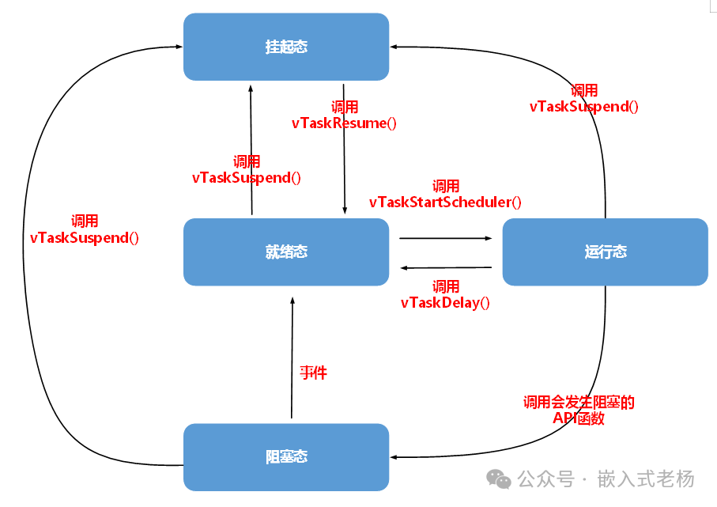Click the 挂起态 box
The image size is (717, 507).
[x=286, y=47]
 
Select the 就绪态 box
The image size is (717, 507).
[x=286, y=252]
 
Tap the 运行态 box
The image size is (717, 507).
[x=605, y=252]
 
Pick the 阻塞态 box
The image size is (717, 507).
[x=286, y=457]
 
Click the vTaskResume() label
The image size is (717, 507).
[x=344, y=123]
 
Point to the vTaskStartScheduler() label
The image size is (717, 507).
[x=445, y=202]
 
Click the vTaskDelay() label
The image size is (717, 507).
[x=445, y=302]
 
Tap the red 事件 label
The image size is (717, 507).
[x=313, y=373]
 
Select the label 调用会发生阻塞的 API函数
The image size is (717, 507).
[x=579, y=410]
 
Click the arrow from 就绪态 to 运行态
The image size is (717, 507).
[x=445, y=238]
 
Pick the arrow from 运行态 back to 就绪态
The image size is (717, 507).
[x=446, y=267]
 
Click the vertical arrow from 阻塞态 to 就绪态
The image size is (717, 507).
[x=292, y=358]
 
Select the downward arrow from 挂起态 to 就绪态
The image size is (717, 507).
[x=345, y=149]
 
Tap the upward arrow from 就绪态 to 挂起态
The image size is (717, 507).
[x=251, y=149]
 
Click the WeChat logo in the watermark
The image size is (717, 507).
[x=499, y=479]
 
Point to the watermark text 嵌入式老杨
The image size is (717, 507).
[x=646, y=479]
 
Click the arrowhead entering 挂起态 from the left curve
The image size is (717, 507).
[x=179, y=47]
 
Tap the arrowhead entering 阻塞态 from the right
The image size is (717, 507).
[x=394, y=457]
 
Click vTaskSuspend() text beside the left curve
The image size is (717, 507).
[x=85, y=238]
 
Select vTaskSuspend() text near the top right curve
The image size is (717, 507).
[x=584, y=107]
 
